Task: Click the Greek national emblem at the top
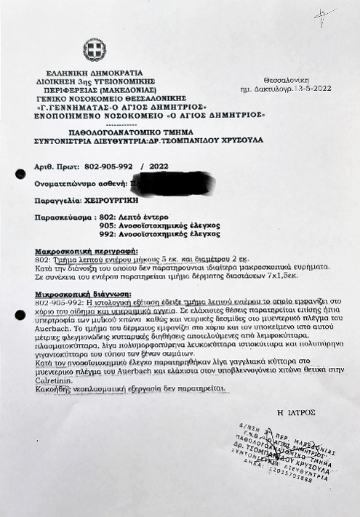click(95, 50)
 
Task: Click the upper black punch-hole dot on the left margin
click(20, 172)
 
